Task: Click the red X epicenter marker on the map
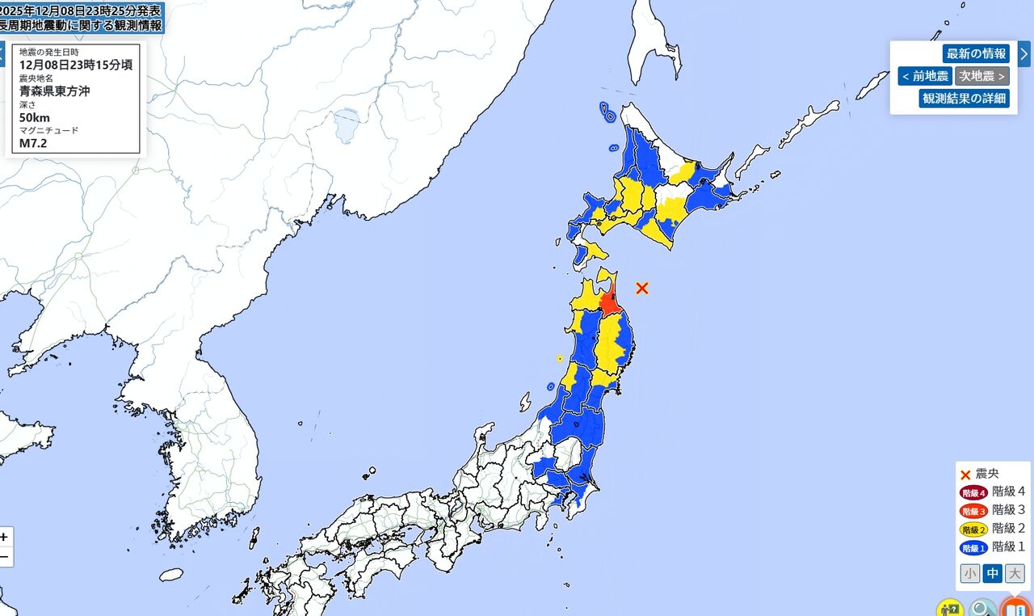(642, 288)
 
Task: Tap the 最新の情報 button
(976, 54)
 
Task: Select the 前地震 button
(925, 76)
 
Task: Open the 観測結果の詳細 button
(964, 99)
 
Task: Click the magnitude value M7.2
(35, 143)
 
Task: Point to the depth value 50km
(35, 117)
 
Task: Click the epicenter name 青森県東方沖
(55, 91)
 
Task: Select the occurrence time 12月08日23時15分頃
(76, 65)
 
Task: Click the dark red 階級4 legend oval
(973, 492)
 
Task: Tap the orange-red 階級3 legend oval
(973, 511)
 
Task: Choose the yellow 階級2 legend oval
(973, 530)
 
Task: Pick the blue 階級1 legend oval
(973, 548)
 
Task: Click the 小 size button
(970, 574)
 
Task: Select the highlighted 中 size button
(992, 574)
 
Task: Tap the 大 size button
(1015, 574)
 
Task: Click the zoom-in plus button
(5, 537)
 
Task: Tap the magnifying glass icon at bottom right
(982, 607)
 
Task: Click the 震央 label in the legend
(987, 474)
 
